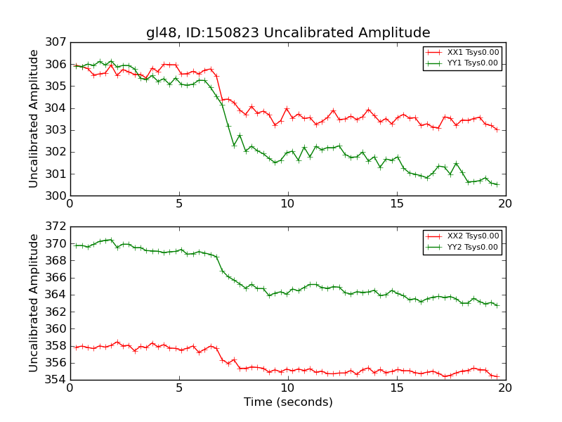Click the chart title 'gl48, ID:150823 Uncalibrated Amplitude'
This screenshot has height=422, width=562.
tap(288, 32)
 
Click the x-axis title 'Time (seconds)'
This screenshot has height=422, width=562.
tap(288, 402)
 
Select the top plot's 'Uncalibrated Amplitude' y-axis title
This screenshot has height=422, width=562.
tap(34, 119)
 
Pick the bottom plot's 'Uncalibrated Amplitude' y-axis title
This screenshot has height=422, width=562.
tap(34, 303)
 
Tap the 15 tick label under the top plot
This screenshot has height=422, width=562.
tap(397, 204)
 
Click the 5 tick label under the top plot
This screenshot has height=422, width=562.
tap(178, 204)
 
